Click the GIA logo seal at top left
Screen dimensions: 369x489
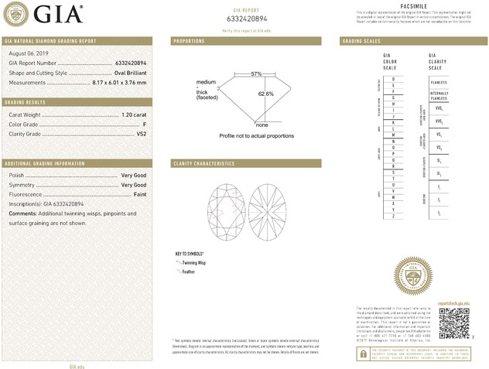[x=19, y=13]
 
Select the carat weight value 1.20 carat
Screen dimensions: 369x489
[x=134, y=114]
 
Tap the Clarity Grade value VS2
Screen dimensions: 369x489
[x=141, y=134]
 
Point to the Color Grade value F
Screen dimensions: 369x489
[x=145, y=124]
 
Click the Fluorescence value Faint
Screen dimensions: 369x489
[x=138, y=193]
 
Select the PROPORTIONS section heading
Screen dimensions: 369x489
[x=189, y=40]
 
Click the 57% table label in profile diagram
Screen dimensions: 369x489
[x=256, y=73]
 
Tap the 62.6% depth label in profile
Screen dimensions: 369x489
[x=266, y=94]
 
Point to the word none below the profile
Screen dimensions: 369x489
[x=262, y=125]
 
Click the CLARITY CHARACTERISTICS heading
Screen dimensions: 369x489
[x=203, y=164]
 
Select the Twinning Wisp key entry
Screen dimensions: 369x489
[x=193, y=263]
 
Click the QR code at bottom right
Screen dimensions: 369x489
[x=453, y=323]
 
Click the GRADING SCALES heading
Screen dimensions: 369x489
[x=361, y=40]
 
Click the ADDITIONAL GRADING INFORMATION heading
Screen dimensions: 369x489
[x=45, y=164]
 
